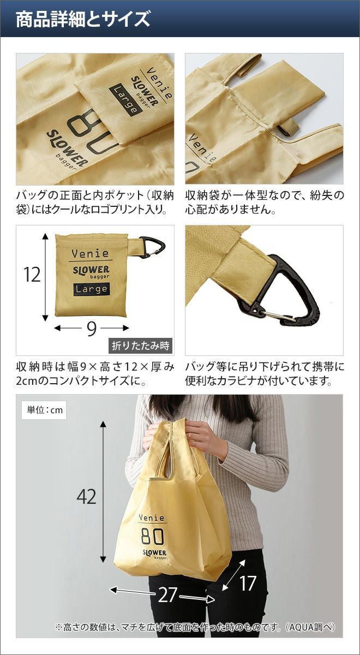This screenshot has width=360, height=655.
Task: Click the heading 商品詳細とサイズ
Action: tap(83, 19)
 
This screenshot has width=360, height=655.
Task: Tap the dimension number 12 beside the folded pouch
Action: tap(32, 275)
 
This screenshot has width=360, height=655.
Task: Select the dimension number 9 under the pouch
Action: tap(92, 329)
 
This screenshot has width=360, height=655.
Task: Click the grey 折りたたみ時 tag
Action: tap(141, 346)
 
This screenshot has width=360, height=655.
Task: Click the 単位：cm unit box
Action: tap(44, 410)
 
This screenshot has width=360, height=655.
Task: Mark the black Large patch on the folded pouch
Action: tap(92, 289)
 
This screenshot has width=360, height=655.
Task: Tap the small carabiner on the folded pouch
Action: tap(152, 247)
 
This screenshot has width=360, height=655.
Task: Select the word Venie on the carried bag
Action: tap(152, 517)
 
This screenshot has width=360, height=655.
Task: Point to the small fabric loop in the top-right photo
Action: tap(287, 128)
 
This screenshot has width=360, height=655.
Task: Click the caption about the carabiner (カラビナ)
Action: tap(265, 374)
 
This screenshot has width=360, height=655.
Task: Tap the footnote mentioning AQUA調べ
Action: tap(195, 625)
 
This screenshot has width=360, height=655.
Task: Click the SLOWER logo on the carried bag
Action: tap(154, 552)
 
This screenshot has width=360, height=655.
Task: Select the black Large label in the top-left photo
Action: tap(126, 99)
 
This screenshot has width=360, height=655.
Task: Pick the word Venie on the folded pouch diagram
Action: tap(90, 253)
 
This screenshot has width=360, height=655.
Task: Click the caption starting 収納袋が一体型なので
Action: tap(265, 203)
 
